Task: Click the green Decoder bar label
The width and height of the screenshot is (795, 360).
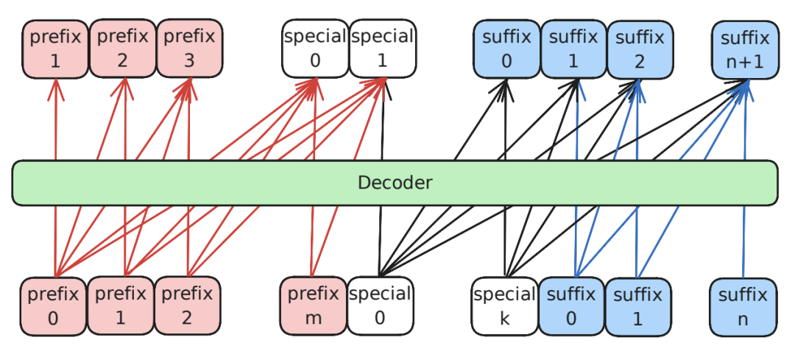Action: click(395, 183)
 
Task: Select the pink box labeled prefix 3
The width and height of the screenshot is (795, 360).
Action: click(189, 49)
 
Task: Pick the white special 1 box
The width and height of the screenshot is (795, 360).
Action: click(382, 49)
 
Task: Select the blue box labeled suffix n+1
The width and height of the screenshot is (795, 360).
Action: click(745, 49)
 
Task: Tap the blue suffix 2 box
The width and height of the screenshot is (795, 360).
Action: click(639, 49)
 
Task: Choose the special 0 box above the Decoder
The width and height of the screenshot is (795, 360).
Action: click(315, 49)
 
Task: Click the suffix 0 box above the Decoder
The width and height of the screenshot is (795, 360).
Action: click(506, 49)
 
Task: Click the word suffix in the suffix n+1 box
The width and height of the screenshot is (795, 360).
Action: click(745, 38)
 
